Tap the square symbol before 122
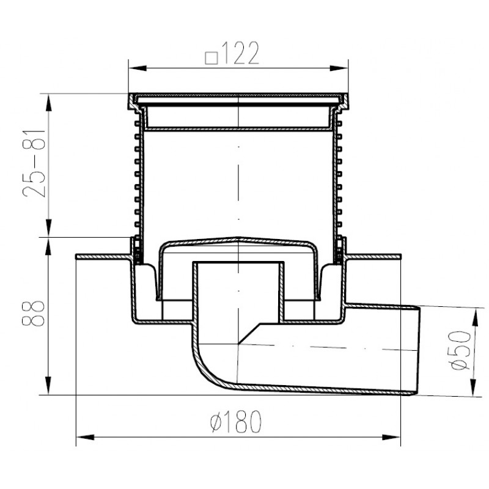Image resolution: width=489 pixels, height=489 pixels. (211, 58)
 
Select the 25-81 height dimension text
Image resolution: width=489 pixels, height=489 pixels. (34, 163)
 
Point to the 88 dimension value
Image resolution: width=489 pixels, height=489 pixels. (34, 314)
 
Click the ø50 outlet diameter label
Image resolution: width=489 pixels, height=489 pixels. (461, 350)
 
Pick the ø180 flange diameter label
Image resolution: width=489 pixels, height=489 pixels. (236, 421)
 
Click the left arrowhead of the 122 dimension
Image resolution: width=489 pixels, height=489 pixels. (138, 68)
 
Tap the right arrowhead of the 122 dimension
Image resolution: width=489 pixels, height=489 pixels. (339, 68)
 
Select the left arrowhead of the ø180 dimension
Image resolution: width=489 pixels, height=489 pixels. (86, 437)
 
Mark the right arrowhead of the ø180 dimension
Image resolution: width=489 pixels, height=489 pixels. (391, 437)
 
